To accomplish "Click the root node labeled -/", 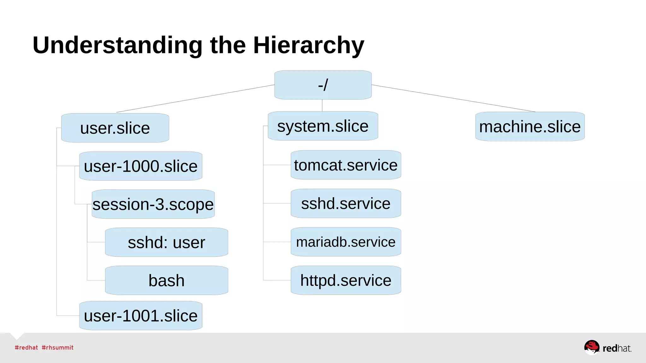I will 323,85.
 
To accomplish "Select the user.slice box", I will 115,128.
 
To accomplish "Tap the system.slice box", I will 323,126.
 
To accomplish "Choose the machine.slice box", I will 530,127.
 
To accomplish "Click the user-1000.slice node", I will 141,166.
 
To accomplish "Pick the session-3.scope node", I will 153,204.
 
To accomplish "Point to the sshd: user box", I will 167,242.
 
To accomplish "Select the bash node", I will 167,280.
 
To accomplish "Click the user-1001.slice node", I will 141,316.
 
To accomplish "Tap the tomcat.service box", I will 346,165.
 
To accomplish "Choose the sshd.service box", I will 346,204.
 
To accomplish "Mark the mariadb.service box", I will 346,242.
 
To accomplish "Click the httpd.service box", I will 346,280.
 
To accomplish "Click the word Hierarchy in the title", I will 308,45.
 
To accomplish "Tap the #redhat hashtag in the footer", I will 26,348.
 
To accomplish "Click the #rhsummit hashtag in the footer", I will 57,348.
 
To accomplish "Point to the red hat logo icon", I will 591,347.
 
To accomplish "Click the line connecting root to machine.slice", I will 453,98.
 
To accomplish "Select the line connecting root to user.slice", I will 196,98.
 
